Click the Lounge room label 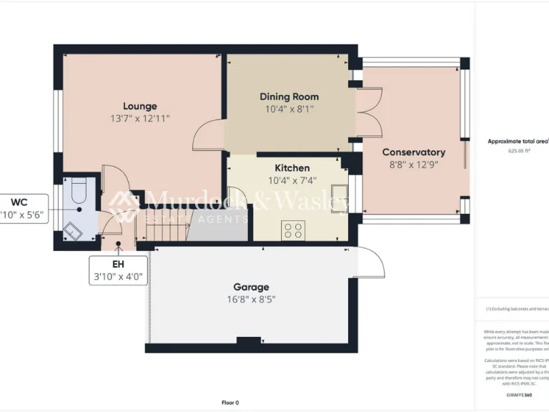[139, 106]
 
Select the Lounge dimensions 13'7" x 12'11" [139, 118]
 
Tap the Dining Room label [289, 97]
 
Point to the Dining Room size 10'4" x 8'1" [289, 109]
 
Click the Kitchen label [292, 168]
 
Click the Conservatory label [413, 152]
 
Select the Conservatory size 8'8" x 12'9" [413, 165]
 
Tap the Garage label [250, 288]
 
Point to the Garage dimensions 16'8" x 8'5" [250, 300]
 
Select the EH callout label [118, 264]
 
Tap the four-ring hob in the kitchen [293, 230]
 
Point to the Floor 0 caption [230, 403]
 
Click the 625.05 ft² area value [519, 152]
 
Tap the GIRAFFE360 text [518, 395]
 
